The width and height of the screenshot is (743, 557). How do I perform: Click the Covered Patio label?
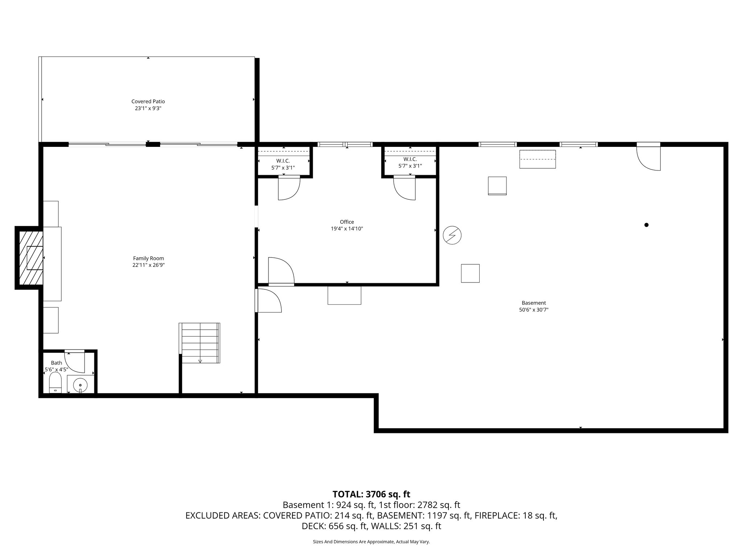tap(148, 102)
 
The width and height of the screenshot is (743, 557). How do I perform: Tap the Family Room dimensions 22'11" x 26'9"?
tap(148, 265)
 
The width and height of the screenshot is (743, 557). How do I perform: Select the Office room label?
tap(347, 222)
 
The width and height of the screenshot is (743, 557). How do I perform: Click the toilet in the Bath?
tap(56, 384)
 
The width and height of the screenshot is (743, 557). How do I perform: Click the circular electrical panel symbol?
tap(452, 235)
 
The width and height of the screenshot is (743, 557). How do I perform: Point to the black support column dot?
tap(646, 225)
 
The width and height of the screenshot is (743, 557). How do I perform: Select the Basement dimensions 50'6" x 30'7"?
tap(533, 310)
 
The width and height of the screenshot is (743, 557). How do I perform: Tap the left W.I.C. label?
tap(283, 161)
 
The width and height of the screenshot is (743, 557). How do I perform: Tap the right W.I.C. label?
tap(410, 159)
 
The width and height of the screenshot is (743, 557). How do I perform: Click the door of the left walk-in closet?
tap(288, 187)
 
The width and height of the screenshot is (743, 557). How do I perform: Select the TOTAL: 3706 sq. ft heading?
tap(371, 494)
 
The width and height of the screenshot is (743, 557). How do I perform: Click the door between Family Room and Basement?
tap(268, 300)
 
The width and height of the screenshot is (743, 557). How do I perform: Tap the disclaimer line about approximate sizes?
tap(371, 542)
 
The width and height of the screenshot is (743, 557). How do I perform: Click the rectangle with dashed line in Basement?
tap(537, 159)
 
